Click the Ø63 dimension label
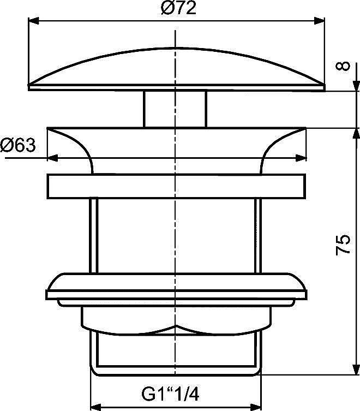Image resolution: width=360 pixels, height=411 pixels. (x=17, y=145)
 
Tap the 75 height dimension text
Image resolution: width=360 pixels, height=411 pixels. (x=343, y=245)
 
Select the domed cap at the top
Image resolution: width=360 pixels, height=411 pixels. (x=176, y=65)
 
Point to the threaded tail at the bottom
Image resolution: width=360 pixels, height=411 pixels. (x=176, y=355)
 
